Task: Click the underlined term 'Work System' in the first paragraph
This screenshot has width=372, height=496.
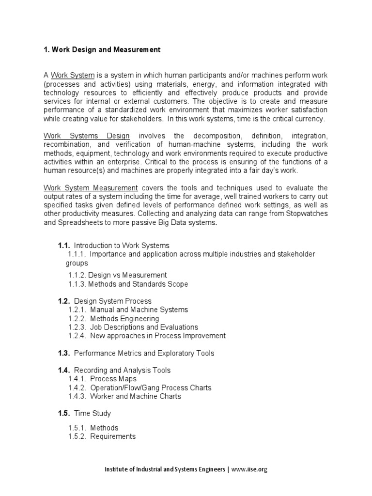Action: pos(73,75)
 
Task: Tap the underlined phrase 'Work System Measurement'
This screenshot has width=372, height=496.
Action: pos(91,188)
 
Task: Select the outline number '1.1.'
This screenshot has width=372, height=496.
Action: pos(64,246)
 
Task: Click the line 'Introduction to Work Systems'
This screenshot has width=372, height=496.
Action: pos(122,246)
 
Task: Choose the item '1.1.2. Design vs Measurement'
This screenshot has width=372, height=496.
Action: pos(118,275)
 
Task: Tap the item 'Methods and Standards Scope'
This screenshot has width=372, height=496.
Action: pos(138,284)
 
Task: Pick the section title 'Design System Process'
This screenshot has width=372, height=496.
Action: pos(113,301)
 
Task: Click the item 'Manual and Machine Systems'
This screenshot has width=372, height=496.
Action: pos(139,310)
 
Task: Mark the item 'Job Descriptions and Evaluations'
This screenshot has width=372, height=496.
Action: pos(144,327)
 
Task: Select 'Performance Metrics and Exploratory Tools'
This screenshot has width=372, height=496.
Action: pos(144,353)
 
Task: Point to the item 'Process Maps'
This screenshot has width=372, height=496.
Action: pos(113,379)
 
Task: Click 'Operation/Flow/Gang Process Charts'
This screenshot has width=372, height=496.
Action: pos(151,387)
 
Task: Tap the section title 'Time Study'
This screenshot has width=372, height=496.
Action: pos(93,413)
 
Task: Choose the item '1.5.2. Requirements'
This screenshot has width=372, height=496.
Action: pos(102,436)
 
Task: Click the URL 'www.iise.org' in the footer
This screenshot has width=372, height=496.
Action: pos(249,469)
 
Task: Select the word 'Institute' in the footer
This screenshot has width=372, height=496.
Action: pos(117,469)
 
